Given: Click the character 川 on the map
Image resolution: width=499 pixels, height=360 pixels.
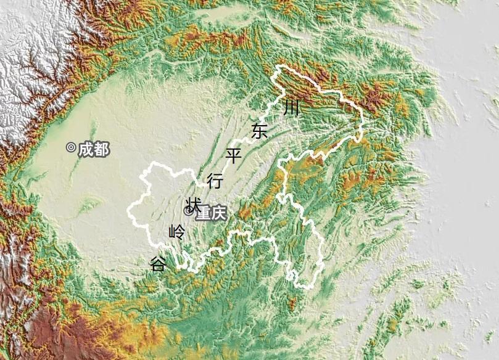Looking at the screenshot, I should [292, 108].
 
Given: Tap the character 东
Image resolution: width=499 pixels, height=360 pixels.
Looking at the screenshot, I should [260, 131].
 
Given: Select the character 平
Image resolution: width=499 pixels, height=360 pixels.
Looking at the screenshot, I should [234, 155].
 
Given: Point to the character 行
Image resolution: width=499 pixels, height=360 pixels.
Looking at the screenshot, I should [215, 181].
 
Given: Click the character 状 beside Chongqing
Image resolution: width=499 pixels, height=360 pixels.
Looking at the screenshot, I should [193, 204].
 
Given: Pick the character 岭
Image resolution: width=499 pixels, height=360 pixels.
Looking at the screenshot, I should [176, 232].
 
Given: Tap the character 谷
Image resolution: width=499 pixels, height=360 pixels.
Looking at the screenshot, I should [158, 264].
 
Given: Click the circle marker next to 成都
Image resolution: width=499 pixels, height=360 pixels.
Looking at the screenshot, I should [71, 147].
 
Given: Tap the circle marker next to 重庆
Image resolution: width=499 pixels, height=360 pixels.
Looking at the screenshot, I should [189, 211].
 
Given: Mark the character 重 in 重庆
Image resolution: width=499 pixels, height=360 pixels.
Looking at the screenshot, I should [203, 213].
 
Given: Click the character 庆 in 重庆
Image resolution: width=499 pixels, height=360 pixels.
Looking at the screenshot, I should [219, 213].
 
